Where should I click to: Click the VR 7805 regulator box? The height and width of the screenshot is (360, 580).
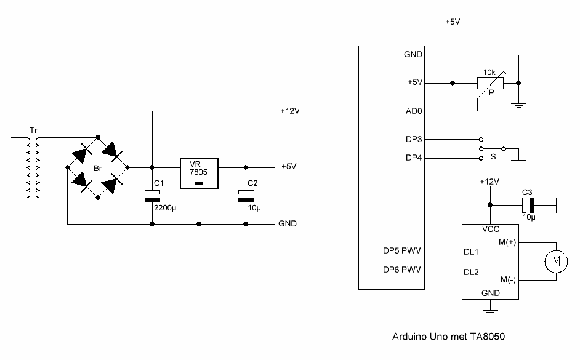click(199, 174)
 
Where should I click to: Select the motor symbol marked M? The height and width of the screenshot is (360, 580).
click(556, 262)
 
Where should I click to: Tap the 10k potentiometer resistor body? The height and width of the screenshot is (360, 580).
click(491, 83)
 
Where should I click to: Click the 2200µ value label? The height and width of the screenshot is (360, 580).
click(165, 208)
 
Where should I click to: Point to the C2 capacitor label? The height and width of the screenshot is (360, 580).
click(252, 183)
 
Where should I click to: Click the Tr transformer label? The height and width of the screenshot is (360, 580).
click(33, 130)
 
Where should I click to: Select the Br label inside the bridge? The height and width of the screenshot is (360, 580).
click(97, 169)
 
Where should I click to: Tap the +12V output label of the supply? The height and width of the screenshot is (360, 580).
click(290, 111)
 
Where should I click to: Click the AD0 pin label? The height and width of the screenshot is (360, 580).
click(414, 111)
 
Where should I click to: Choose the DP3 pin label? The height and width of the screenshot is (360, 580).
click(414, 139)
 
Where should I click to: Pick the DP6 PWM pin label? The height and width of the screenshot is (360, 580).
click(402, 270)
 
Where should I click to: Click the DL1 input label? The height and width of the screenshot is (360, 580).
click(471, 252)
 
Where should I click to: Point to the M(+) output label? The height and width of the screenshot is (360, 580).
click(507, 242)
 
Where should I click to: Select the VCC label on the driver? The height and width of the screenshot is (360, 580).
click(491, 230)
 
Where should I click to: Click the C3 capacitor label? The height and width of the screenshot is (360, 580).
click(527, 193)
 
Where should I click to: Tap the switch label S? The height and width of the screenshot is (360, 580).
click(493, 157)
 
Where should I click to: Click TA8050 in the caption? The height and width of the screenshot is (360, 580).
click(488, 337)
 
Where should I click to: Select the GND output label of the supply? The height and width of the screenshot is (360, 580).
click(288, 223)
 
